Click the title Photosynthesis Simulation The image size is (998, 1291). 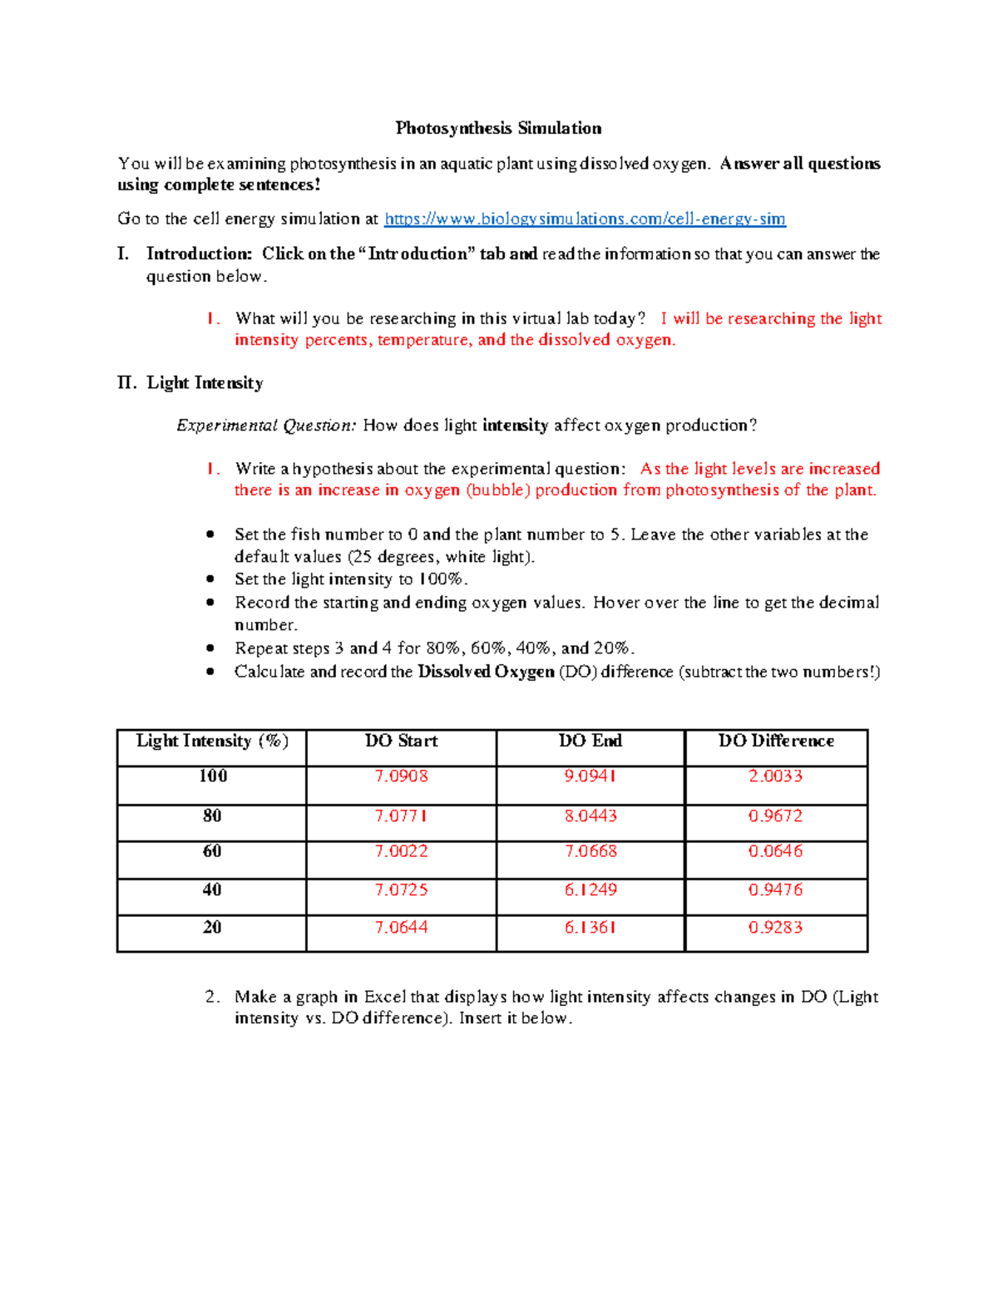498,128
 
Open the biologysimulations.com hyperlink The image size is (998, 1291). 585,219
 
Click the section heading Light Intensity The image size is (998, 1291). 205,382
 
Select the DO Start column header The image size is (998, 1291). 401,741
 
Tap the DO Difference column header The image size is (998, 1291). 776,741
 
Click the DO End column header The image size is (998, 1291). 590,741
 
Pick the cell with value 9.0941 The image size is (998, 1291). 590,776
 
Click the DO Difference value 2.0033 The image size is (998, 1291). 775,776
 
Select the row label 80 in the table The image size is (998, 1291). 212,815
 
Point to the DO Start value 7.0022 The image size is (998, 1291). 401,851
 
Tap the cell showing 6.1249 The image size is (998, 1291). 590,889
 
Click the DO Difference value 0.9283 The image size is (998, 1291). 775,927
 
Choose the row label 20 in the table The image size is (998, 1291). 212,927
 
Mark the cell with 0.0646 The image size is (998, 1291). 775,851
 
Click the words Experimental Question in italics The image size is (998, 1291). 266,426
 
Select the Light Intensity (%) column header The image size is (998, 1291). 212,741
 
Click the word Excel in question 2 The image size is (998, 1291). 384,997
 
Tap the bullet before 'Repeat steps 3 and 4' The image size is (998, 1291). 210,648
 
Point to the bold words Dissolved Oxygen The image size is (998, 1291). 486,672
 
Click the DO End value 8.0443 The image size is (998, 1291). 590,815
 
